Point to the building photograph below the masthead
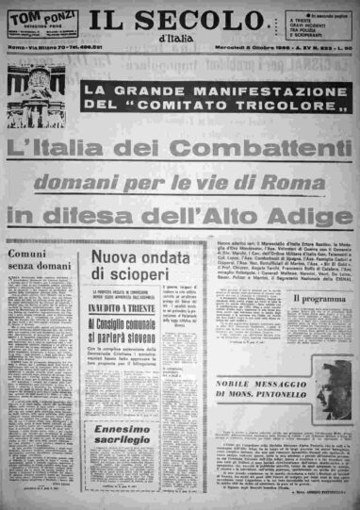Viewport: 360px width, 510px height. click(x=35, y=96)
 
